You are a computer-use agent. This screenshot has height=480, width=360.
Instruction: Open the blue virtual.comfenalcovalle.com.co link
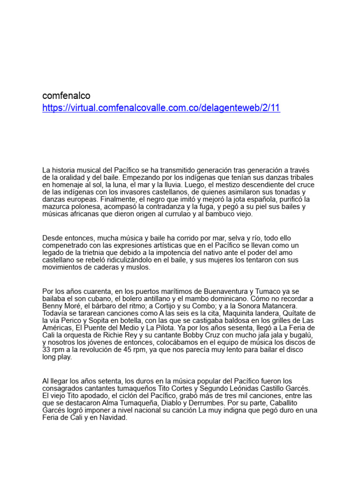pos(161,108)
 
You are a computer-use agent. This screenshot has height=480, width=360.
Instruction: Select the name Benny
pos(52,306)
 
